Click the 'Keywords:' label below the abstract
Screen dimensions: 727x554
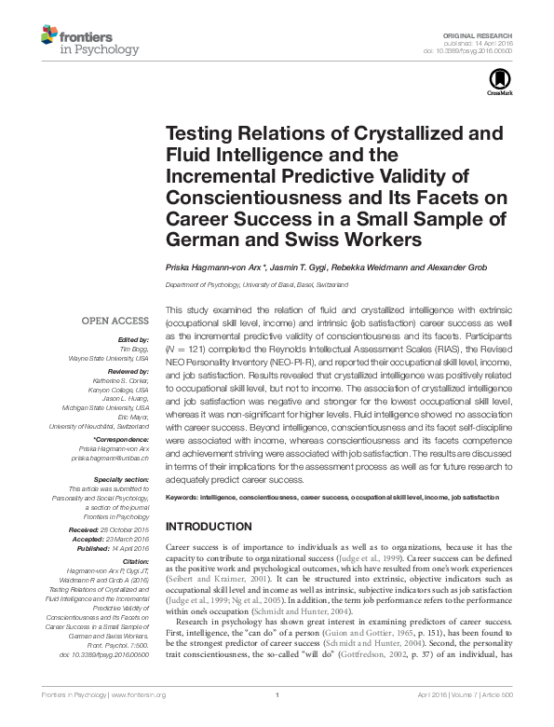(185, 499)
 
